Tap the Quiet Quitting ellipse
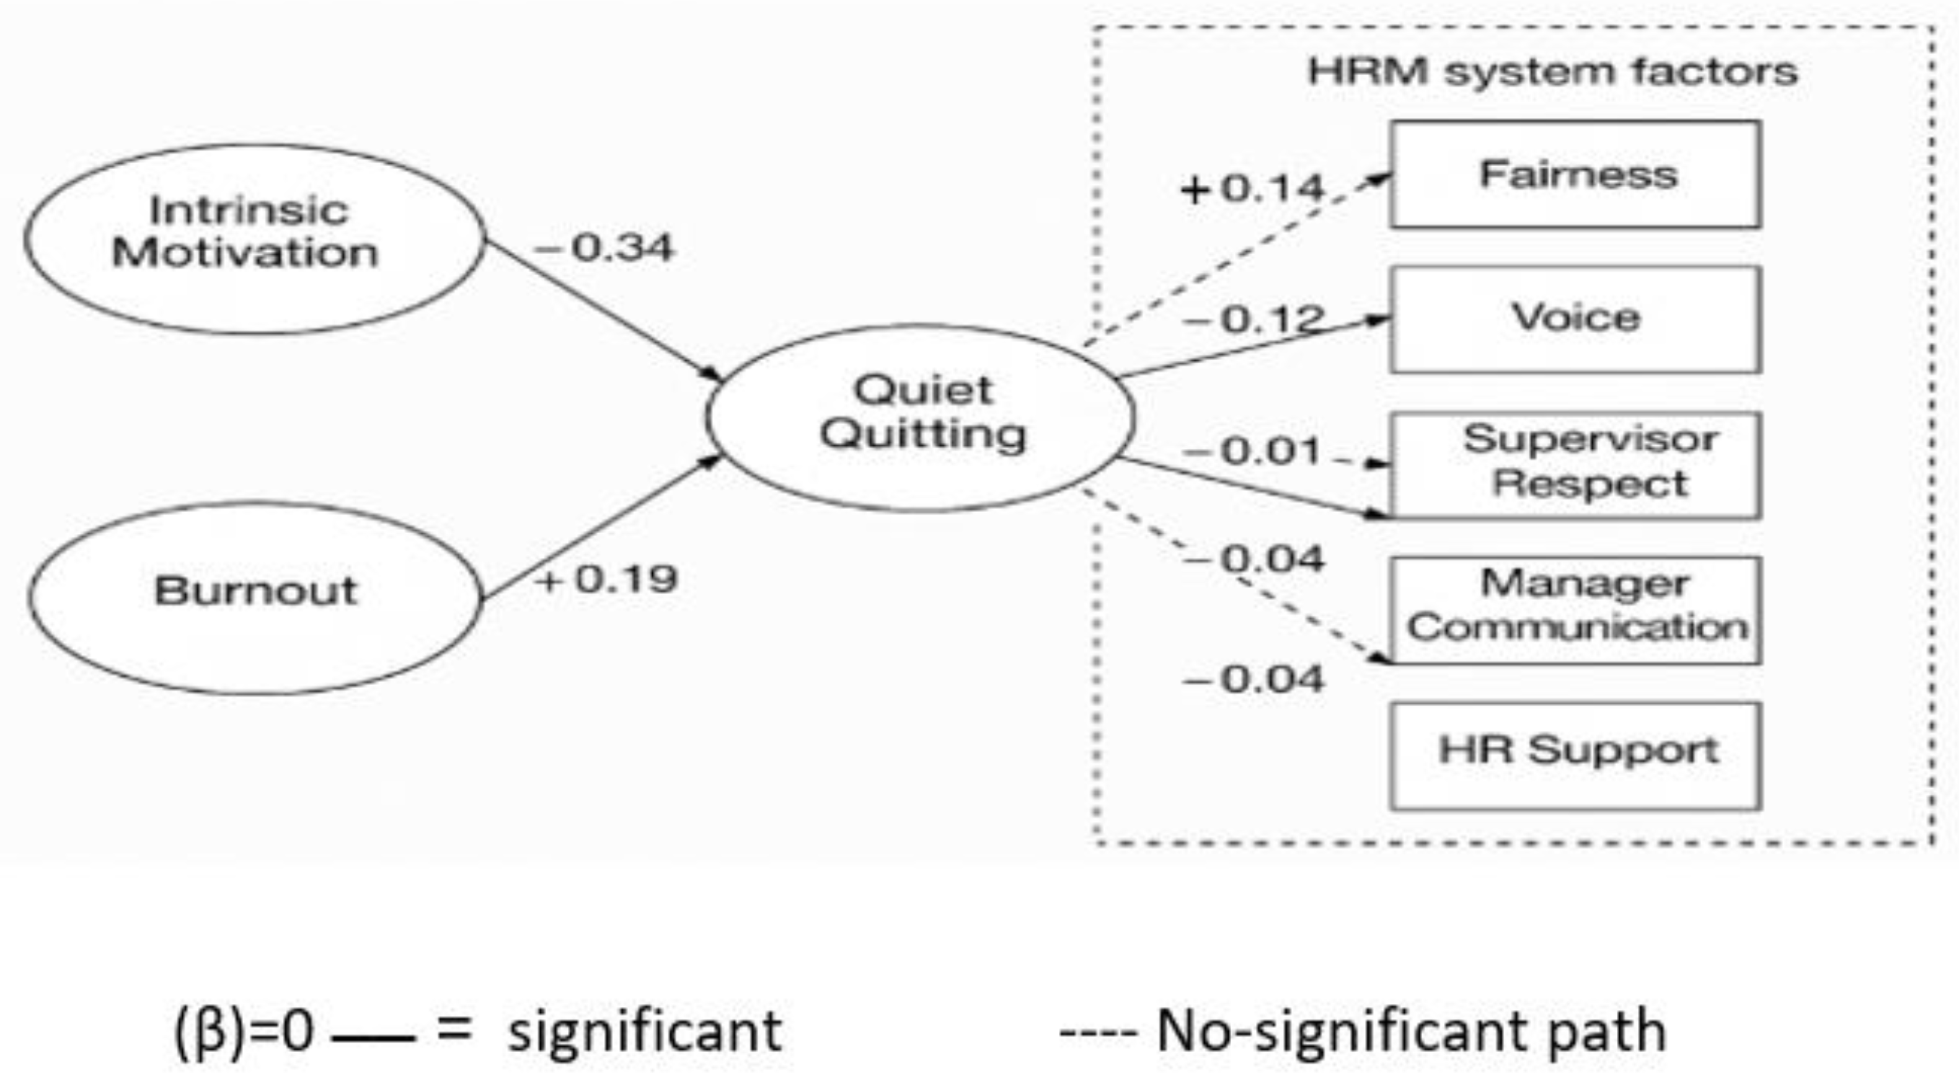[x=920, y=417]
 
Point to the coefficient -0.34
[x=604, y=248]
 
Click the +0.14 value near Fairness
[x=1252, y=188]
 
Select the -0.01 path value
[x=1252, y=451]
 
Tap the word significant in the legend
[x=644, y=1031]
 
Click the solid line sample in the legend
[x=373, y=1037]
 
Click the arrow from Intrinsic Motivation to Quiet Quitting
[x=601, y=309]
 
